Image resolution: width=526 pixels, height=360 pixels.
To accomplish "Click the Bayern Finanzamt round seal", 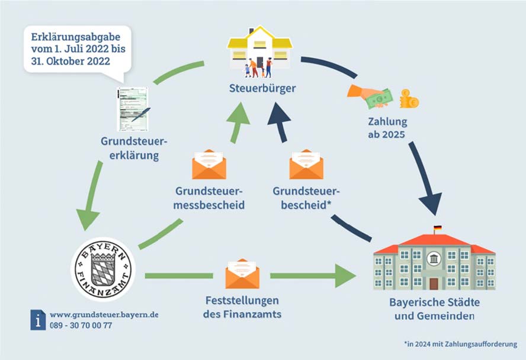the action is coord(103,269).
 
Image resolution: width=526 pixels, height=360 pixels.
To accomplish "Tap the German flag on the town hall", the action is coord(437,229).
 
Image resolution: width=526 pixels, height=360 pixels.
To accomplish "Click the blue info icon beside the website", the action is coord(38,320).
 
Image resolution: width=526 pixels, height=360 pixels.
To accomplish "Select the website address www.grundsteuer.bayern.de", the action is coord(104,315).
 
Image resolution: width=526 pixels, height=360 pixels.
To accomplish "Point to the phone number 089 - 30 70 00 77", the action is coord(81,325).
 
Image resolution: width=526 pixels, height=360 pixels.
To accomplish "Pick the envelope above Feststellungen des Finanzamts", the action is coord(242,274).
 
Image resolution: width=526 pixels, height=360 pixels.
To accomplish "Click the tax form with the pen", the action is coord(133,109).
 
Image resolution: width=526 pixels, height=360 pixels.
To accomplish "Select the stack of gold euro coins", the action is coord(409,98).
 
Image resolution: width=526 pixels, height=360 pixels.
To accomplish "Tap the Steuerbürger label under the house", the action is coord(262,88).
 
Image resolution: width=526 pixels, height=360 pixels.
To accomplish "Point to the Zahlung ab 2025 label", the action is coord(387,128).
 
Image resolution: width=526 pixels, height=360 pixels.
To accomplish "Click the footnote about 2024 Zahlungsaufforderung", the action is coord(461,344).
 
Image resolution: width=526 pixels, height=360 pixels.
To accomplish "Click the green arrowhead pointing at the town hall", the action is coord(345,276).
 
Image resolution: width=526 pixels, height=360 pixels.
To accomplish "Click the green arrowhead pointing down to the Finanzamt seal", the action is coord(88,220).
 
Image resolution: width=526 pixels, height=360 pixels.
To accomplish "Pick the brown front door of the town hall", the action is coord(434,284).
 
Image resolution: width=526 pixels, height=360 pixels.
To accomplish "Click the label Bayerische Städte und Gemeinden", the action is coord(434,309).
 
